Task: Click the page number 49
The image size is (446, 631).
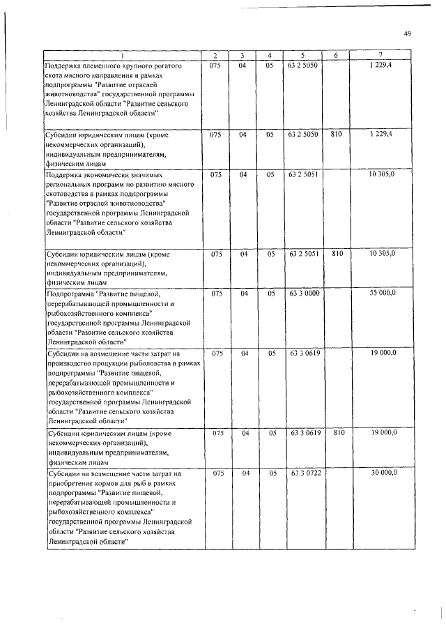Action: [x=408, y=33]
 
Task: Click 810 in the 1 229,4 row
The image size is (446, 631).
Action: [x=336, y=134]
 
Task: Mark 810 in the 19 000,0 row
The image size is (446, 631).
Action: [x=336, y=433]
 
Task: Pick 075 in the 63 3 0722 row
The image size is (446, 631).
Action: [x=217, y=473]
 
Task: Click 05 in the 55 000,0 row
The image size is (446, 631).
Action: [x=269, y=294]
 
